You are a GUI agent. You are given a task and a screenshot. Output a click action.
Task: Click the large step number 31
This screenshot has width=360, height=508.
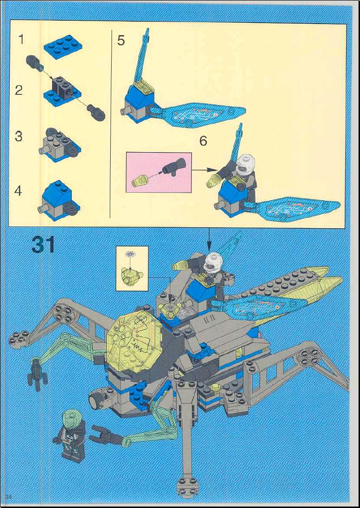[43, 245]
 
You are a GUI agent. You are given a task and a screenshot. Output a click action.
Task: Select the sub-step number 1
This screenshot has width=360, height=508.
[21, 39]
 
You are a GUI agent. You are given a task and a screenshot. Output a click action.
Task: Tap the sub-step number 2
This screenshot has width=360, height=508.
[19, 90]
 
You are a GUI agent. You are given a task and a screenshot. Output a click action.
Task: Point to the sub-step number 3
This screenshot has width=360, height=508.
[19, 136]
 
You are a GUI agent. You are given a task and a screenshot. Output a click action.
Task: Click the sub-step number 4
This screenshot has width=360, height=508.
[18, 191]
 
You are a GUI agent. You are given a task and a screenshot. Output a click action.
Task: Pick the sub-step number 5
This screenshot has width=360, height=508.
[121, 41]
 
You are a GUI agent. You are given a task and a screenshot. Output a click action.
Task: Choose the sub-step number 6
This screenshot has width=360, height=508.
[203, 141]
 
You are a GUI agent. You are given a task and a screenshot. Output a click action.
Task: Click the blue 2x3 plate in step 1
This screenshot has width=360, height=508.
[63, 47]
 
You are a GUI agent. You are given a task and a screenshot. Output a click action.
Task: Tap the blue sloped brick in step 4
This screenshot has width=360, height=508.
[57, 194]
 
